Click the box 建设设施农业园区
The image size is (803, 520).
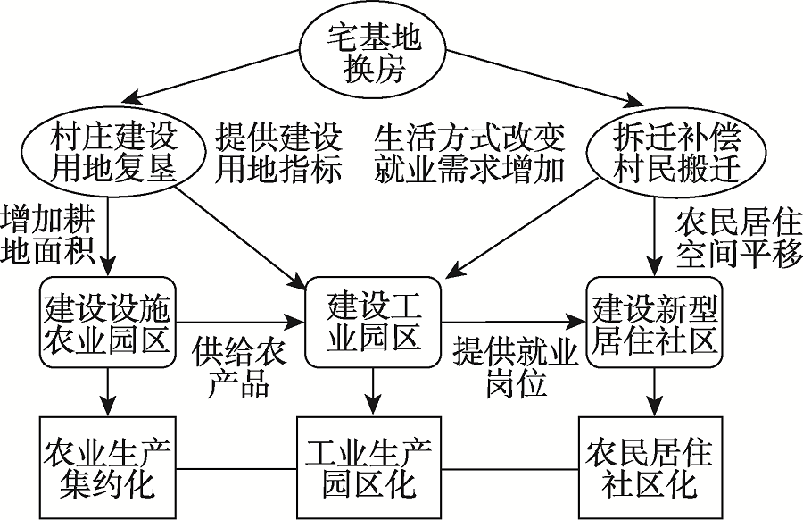pyautogui.click(x=109, y=322)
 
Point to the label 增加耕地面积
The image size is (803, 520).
pyautogui.click(x=48, y=235)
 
